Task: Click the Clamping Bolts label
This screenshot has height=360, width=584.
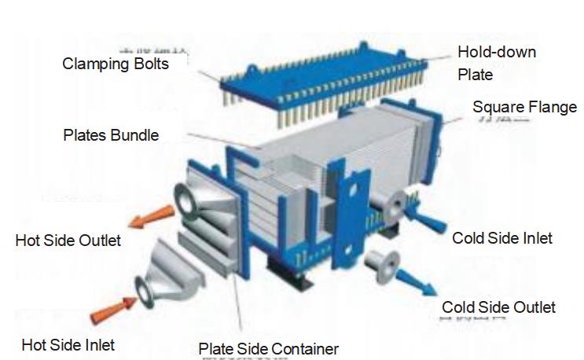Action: (116, 64)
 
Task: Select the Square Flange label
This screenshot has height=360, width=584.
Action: (524, 107)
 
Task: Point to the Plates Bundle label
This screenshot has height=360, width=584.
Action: (110, 135)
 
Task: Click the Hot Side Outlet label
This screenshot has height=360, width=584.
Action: (68, 241)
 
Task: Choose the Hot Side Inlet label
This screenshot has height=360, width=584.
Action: (68, 344)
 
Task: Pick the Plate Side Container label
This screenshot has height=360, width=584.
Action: (268, 348)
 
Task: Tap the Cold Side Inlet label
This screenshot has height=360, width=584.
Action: (502, 237)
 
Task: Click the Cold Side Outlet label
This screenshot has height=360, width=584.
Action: (498, 307)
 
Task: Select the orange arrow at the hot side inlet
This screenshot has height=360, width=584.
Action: (110, 311)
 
